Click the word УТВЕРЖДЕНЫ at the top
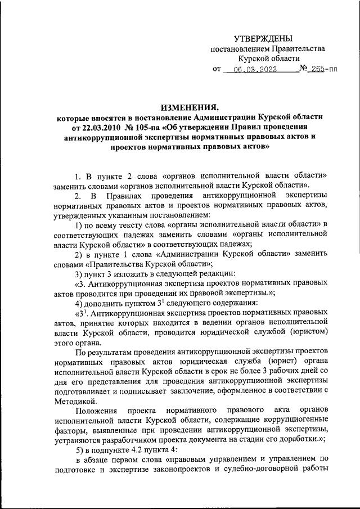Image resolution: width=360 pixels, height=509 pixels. [264, 38]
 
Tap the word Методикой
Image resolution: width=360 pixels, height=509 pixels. [76, 400]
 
